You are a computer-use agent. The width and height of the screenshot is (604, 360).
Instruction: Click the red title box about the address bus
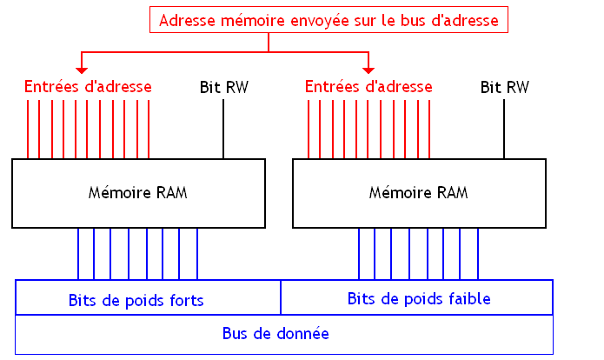tap(329, 20)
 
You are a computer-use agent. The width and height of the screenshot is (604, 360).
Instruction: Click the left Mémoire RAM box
tap(138, 192)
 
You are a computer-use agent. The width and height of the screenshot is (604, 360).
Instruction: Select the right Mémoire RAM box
tap(419, 192)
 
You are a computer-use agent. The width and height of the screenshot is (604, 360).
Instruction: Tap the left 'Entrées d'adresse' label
tap(88, 86)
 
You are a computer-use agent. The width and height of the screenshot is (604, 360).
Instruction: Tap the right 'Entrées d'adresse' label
tap(369, 86)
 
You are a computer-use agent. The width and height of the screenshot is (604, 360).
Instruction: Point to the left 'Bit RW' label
tap(223, 86)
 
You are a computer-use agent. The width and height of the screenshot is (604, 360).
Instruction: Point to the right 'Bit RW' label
tap(505, 86)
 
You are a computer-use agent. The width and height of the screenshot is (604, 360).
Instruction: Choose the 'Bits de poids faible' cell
tap(419, 299)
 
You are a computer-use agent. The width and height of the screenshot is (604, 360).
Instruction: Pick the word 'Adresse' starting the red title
tap(184, 20)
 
